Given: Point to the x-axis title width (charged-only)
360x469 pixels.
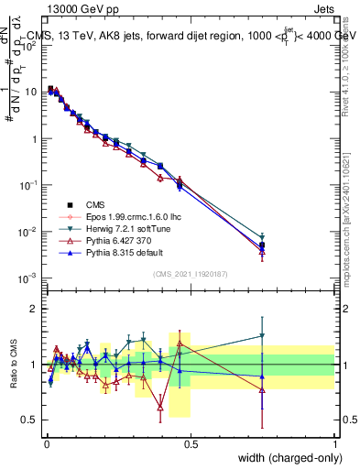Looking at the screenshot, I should (285, 458).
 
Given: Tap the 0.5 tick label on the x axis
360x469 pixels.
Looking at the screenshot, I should (191, 444).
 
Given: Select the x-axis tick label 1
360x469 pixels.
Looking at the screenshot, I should (335, 444).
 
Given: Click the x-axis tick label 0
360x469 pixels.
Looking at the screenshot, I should (47, 444).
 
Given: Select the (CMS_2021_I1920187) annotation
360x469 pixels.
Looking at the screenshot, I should (191, 273).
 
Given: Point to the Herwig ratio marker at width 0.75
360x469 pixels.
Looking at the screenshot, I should (263, 336).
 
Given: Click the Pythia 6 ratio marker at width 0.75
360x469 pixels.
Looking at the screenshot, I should (263, 390).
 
